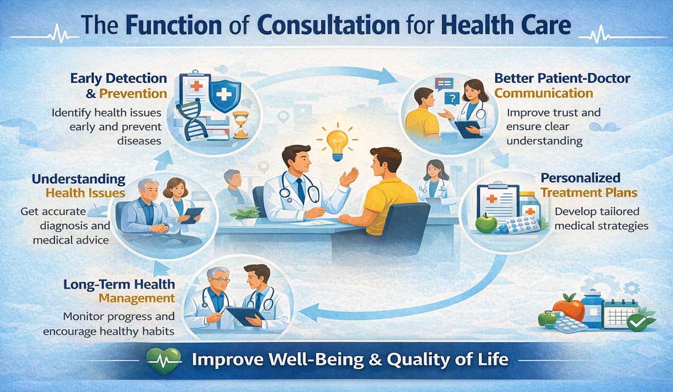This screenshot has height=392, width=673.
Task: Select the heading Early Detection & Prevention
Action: coord(119,85)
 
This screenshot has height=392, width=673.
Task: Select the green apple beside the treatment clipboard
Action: coord(486,223)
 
